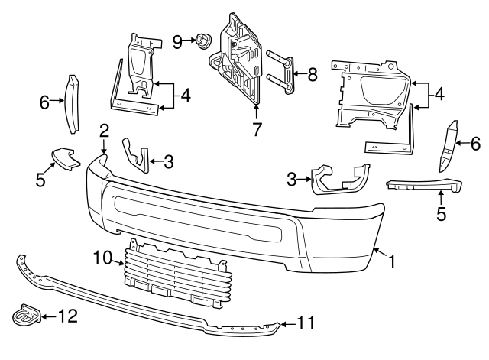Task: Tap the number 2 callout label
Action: pos(104,130)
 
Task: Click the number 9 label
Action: pos(176,41)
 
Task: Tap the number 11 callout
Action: pos(305,323)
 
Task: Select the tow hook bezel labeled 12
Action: pos(24,315)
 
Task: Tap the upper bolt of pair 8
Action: pos(280,56)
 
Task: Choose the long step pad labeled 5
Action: pos(424,186)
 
